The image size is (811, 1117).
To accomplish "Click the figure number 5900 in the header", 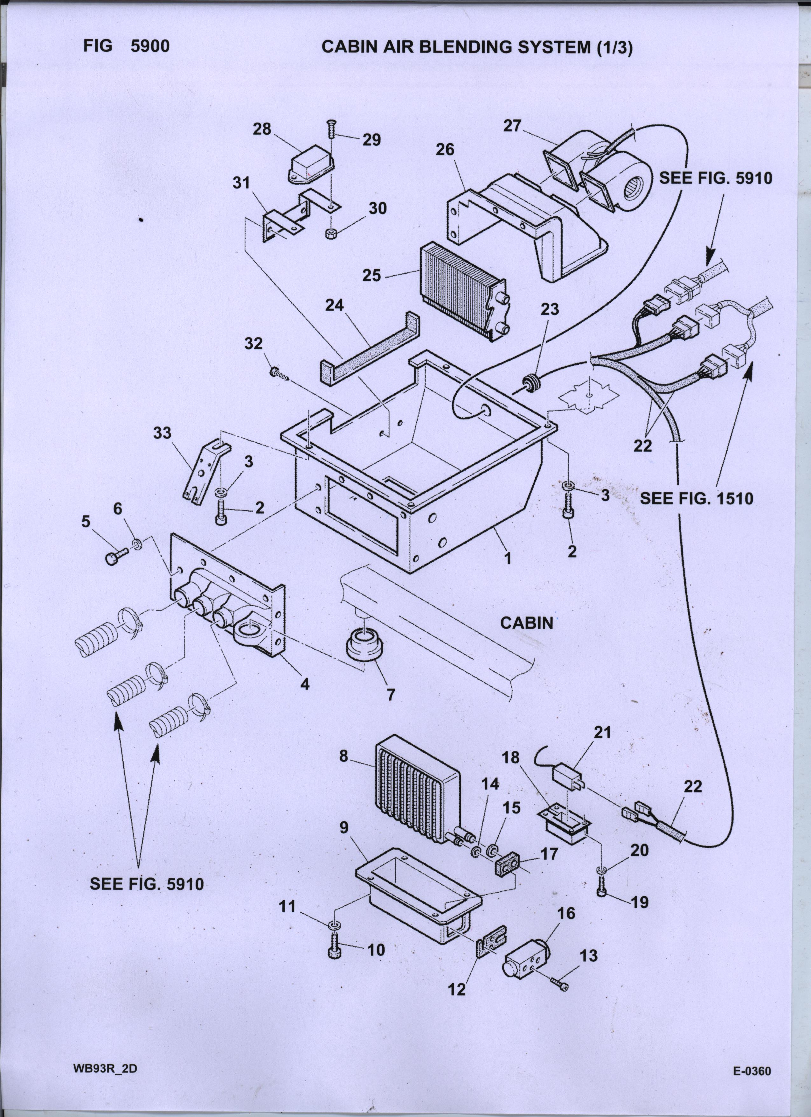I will click(150, 46).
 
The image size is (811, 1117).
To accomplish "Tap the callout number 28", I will click(262, 129).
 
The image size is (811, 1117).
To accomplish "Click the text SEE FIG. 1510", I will click(696, 498).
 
